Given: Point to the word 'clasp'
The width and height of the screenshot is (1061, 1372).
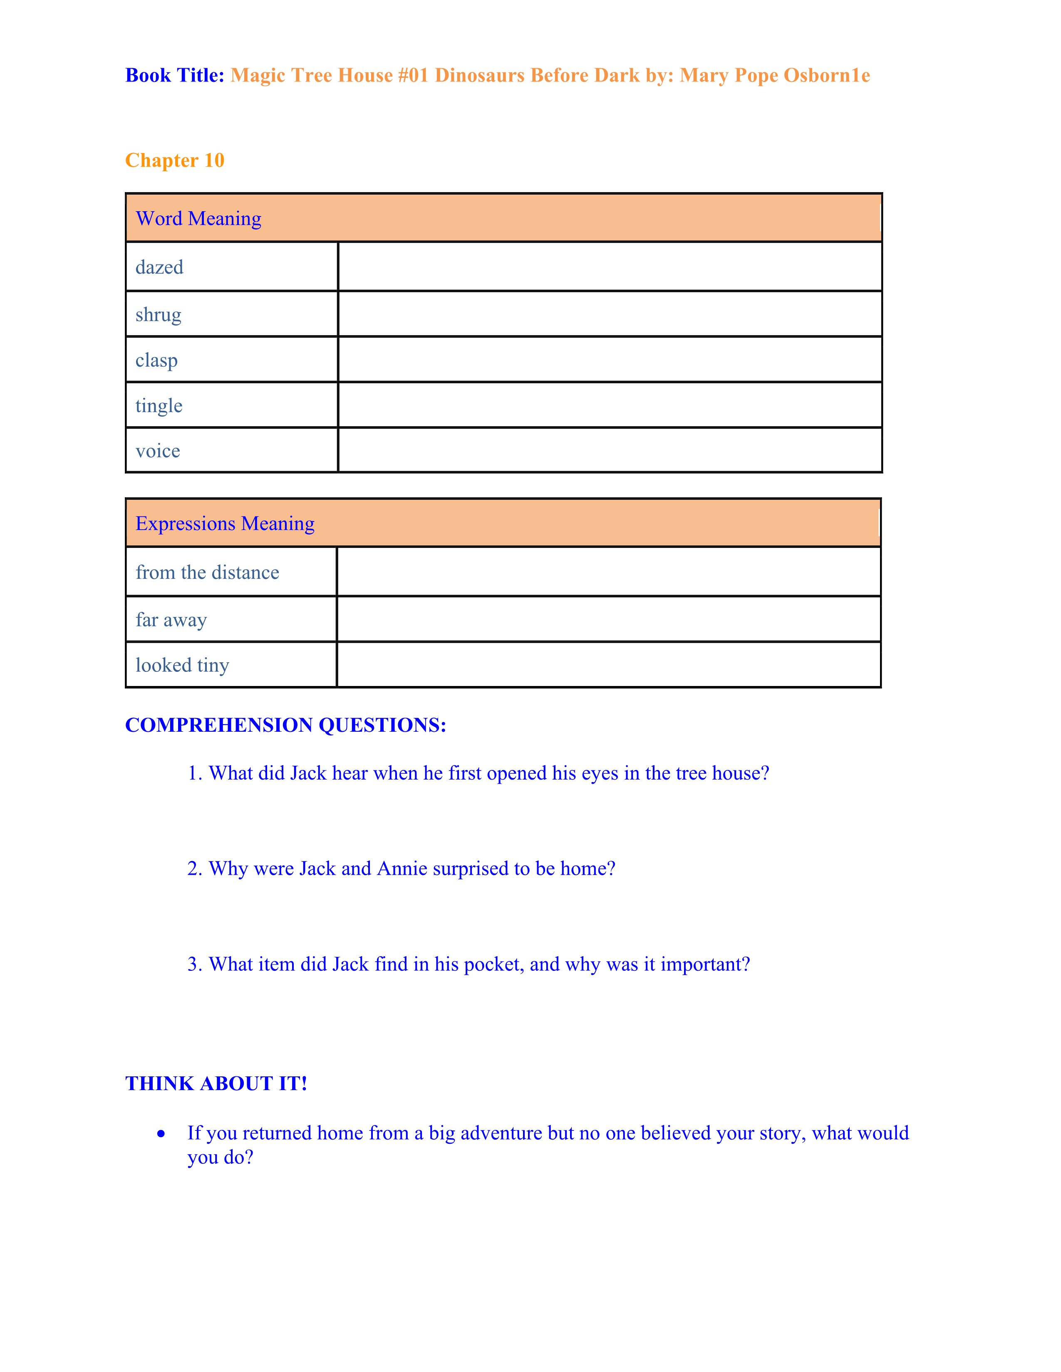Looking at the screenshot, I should click(156, 360).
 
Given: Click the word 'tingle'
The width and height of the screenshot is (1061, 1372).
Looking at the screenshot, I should click(159, 406).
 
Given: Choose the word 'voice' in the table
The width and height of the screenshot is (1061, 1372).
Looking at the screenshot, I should click(157, 451).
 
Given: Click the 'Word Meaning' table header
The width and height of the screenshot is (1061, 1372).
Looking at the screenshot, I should click(198, 219).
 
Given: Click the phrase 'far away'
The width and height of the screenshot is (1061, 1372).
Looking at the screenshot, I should click(171, 620).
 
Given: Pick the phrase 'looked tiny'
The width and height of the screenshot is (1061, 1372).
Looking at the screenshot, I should click(182, 665).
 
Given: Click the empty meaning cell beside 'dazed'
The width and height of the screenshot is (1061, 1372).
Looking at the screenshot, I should click(609, 267).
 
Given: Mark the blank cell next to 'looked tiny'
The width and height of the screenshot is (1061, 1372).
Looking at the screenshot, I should click(608, 665).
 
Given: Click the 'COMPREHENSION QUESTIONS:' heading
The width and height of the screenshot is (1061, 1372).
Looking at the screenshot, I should click(285, 725).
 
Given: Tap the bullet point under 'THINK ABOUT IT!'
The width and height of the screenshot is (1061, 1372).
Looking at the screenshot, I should click(161, 1134).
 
